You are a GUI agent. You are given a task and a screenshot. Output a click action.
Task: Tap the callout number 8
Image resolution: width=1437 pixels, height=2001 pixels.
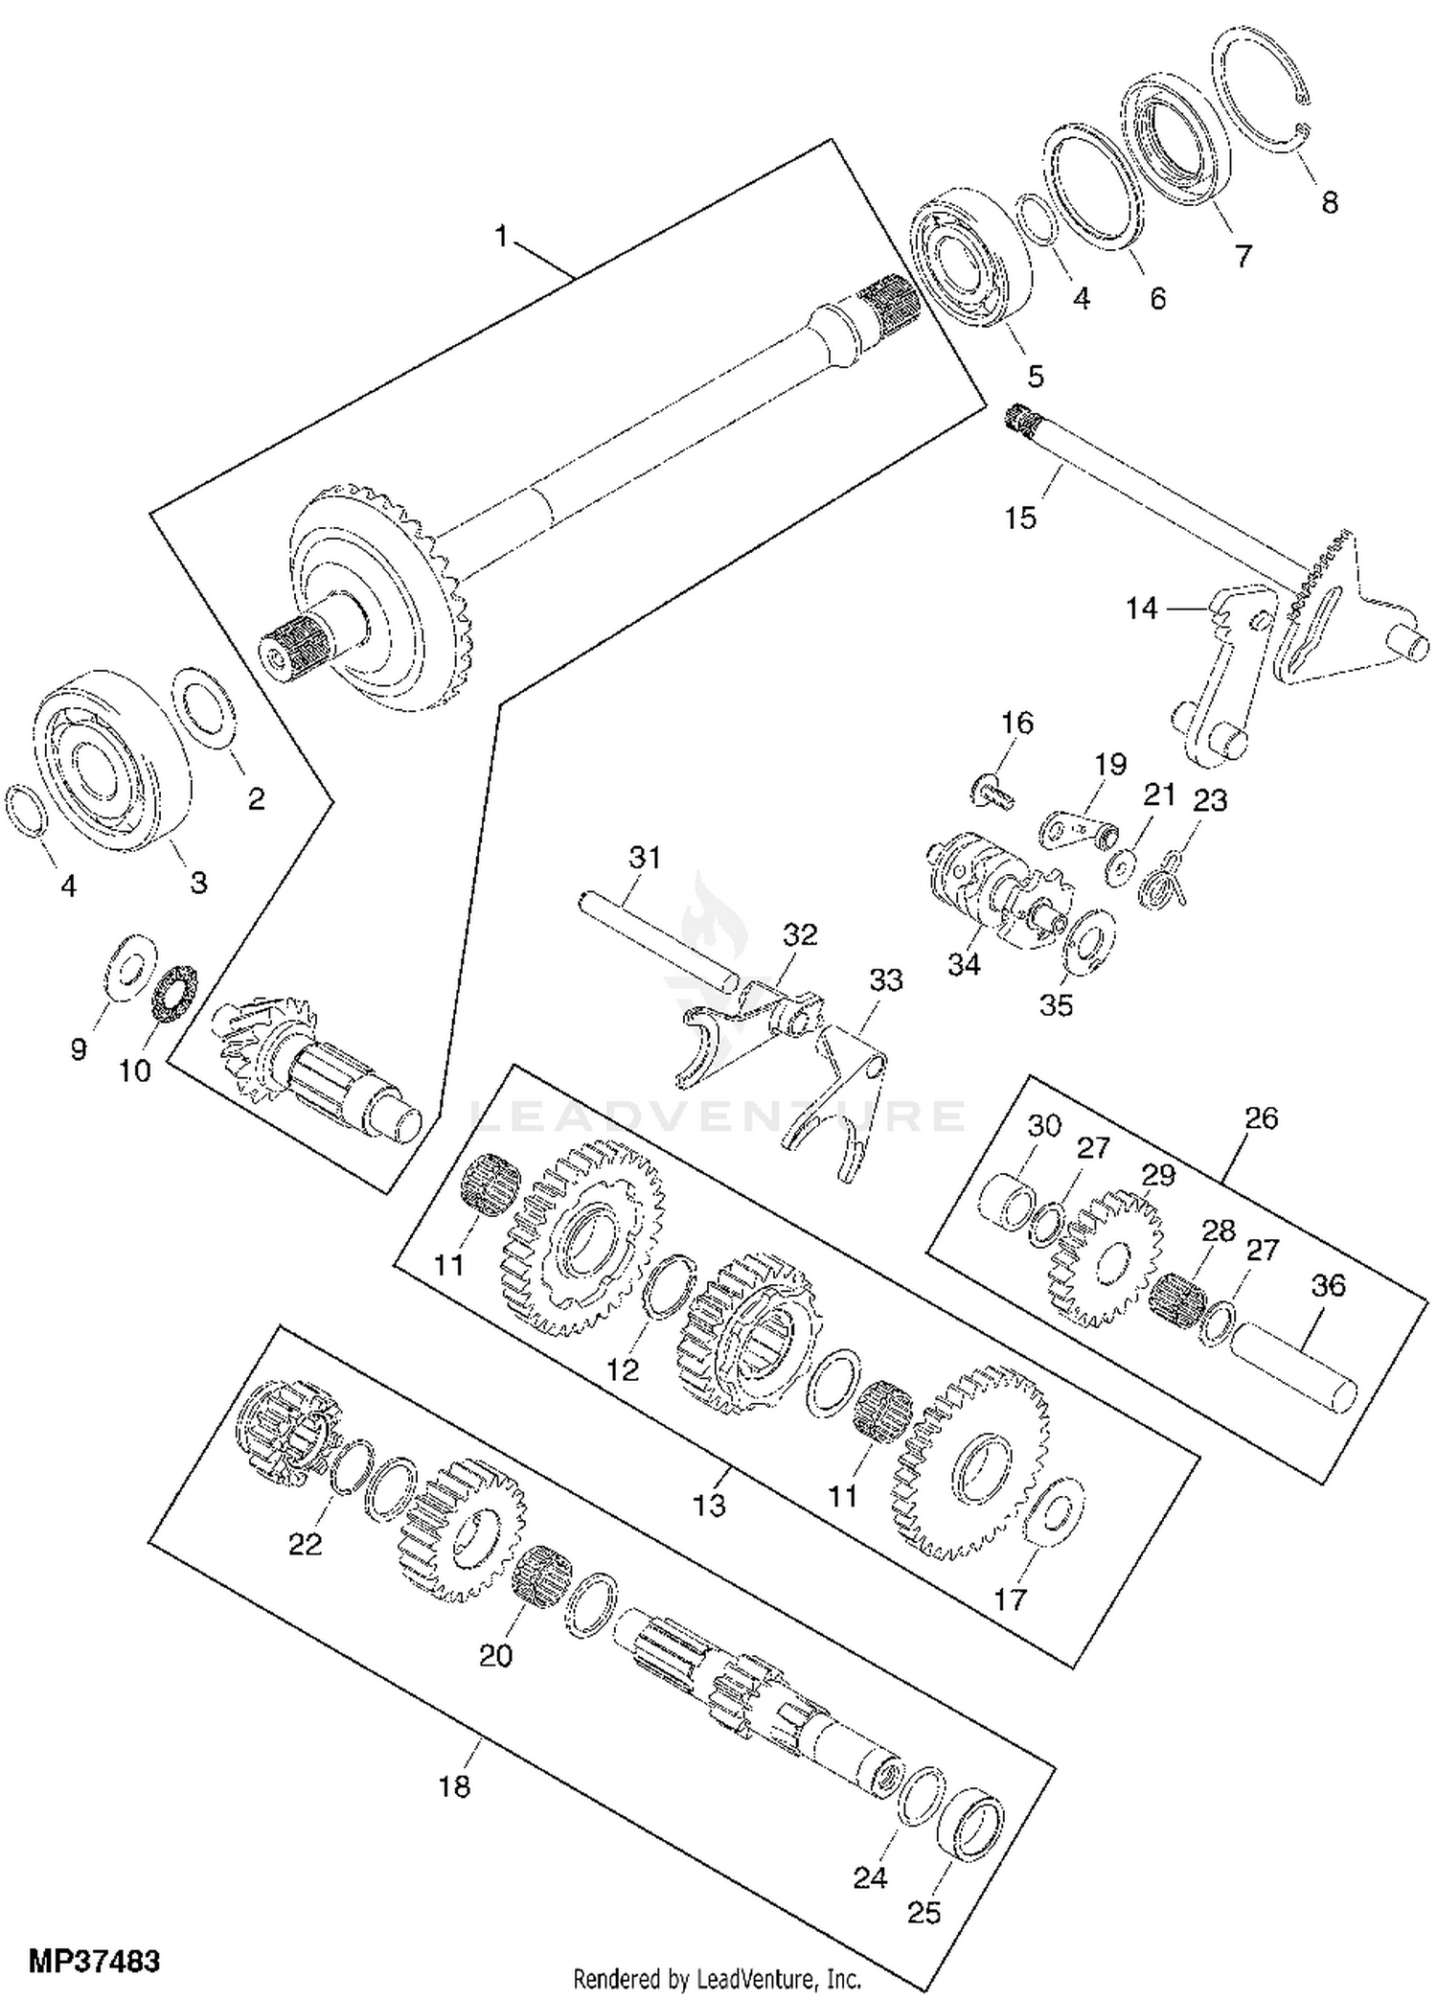tap(1329, 202)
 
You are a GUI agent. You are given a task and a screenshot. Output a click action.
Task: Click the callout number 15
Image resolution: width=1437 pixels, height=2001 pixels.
tap(1020, 517)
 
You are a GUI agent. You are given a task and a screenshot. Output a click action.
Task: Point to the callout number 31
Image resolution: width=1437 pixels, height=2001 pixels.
tap(645, 857)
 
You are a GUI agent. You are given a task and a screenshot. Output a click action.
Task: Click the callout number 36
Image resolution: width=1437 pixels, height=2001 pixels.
tap(1329, 1285)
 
